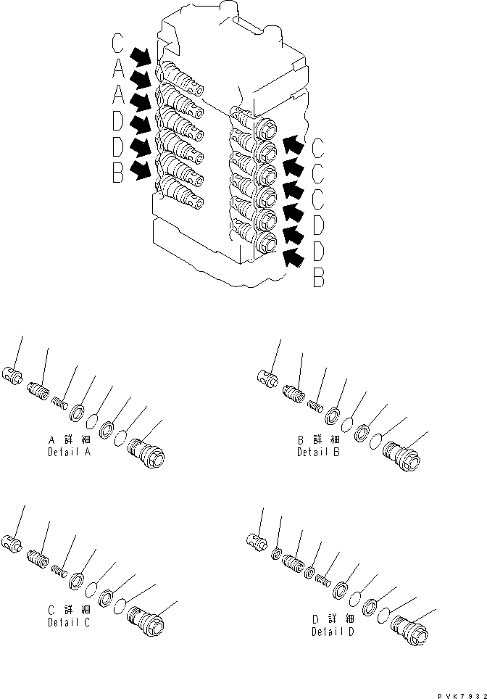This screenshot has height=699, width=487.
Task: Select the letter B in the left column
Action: click(118, 174)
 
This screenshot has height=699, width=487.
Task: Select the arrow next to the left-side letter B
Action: click(143, 170)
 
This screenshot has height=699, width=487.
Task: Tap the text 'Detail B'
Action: click(316, 452)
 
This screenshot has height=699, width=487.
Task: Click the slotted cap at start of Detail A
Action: click(14, 376)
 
